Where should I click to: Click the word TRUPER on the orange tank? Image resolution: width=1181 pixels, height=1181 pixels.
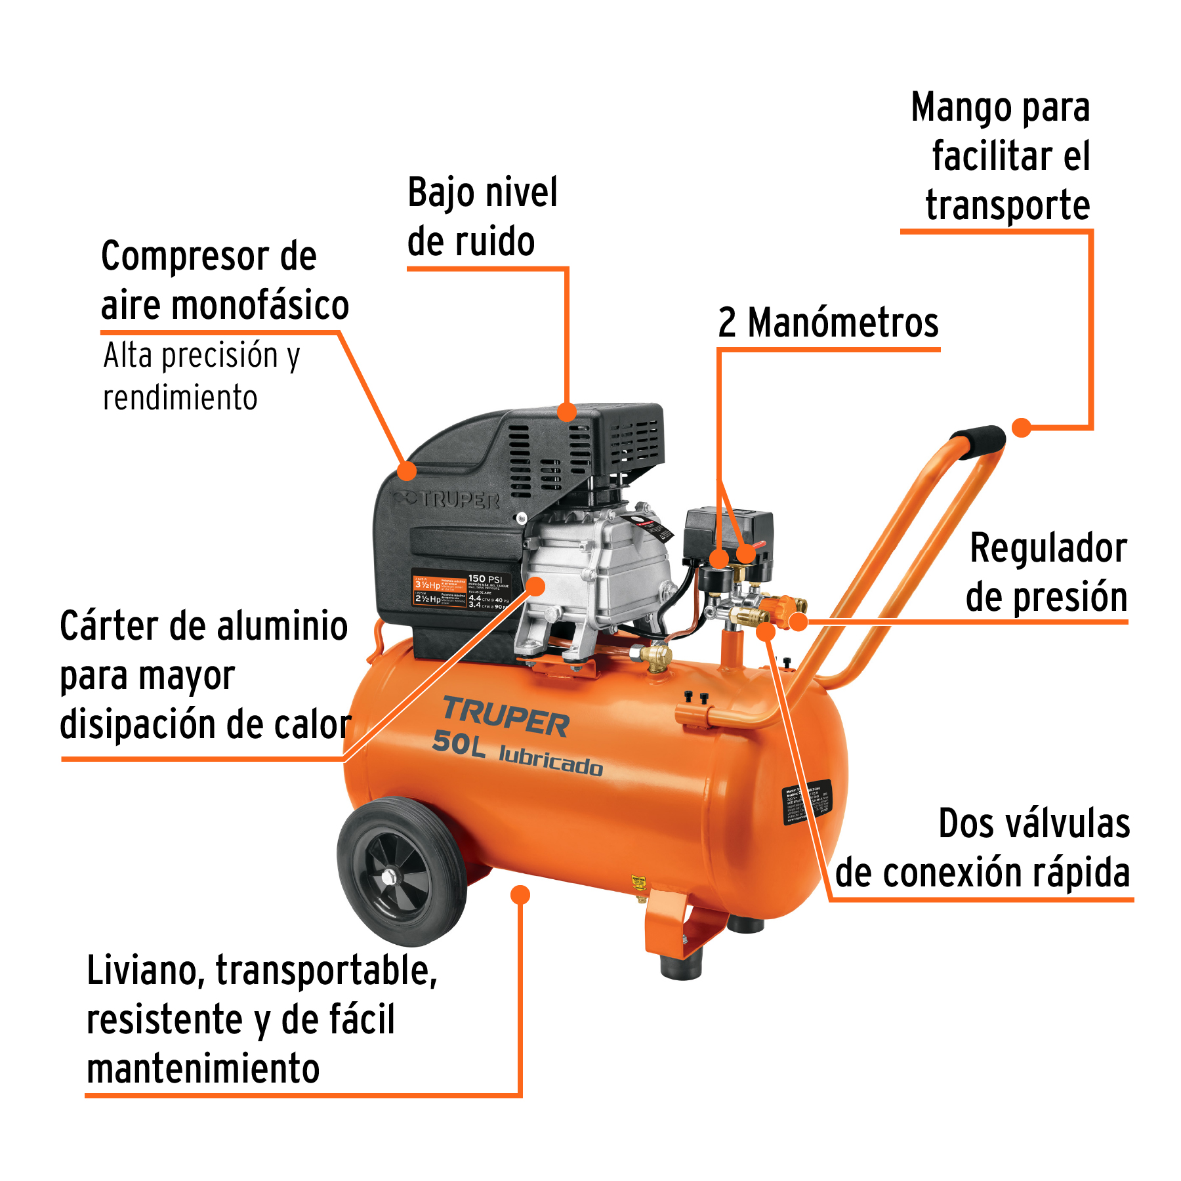tap(506, 716)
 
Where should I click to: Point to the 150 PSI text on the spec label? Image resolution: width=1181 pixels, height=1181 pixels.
tap(485, 579)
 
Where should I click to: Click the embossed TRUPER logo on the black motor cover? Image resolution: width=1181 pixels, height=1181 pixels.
tap(453, 500)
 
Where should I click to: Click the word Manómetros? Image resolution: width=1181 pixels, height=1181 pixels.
tap(843, 323)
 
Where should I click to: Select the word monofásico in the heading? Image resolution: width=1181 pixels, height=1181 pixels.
tap(260, 306)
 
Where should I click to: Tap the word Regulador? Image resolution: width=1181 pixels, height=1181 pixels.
tap(1048, 549)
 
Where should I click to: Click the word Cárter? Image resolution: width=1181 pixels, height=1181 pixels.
tap(110, 626)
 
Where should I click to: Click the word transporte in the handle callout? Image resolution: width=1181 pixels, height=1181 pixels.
tap(1007, 205)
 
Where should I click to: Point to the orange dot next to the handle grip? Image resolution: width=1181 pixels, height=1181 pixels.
tap(1021, 428)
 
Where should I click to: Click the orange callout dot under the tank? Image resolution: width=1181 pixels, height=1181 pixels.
tap(520, 895)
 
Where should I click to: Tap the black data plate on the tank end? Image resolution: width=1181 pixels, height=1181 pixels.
tap(807, 801)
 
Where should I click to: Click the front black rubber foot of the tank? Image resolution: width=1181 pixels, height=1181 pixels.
tap(682, 965)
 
